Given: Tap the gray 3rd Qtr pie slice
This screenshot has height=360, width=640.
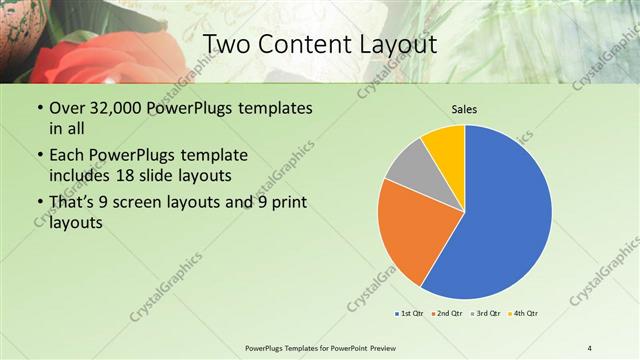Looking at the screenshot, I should (x=408, y=170).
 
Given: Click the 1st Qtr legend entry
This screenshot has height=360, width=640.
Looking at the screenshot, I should (x=410, y=314).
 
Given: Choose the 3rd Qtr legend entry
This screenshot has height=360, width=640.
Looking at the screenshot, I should (x=484, y=314).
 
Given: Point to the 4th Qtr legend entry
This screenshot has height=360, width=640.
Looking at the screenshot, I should (x=522, y=314).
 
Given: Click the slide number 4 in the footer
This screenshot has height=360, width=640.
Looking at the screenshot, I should (x=590, y=347).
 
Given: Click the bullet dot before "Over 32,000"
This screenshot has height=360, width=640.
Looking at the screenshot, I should (x=39, y=108).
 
